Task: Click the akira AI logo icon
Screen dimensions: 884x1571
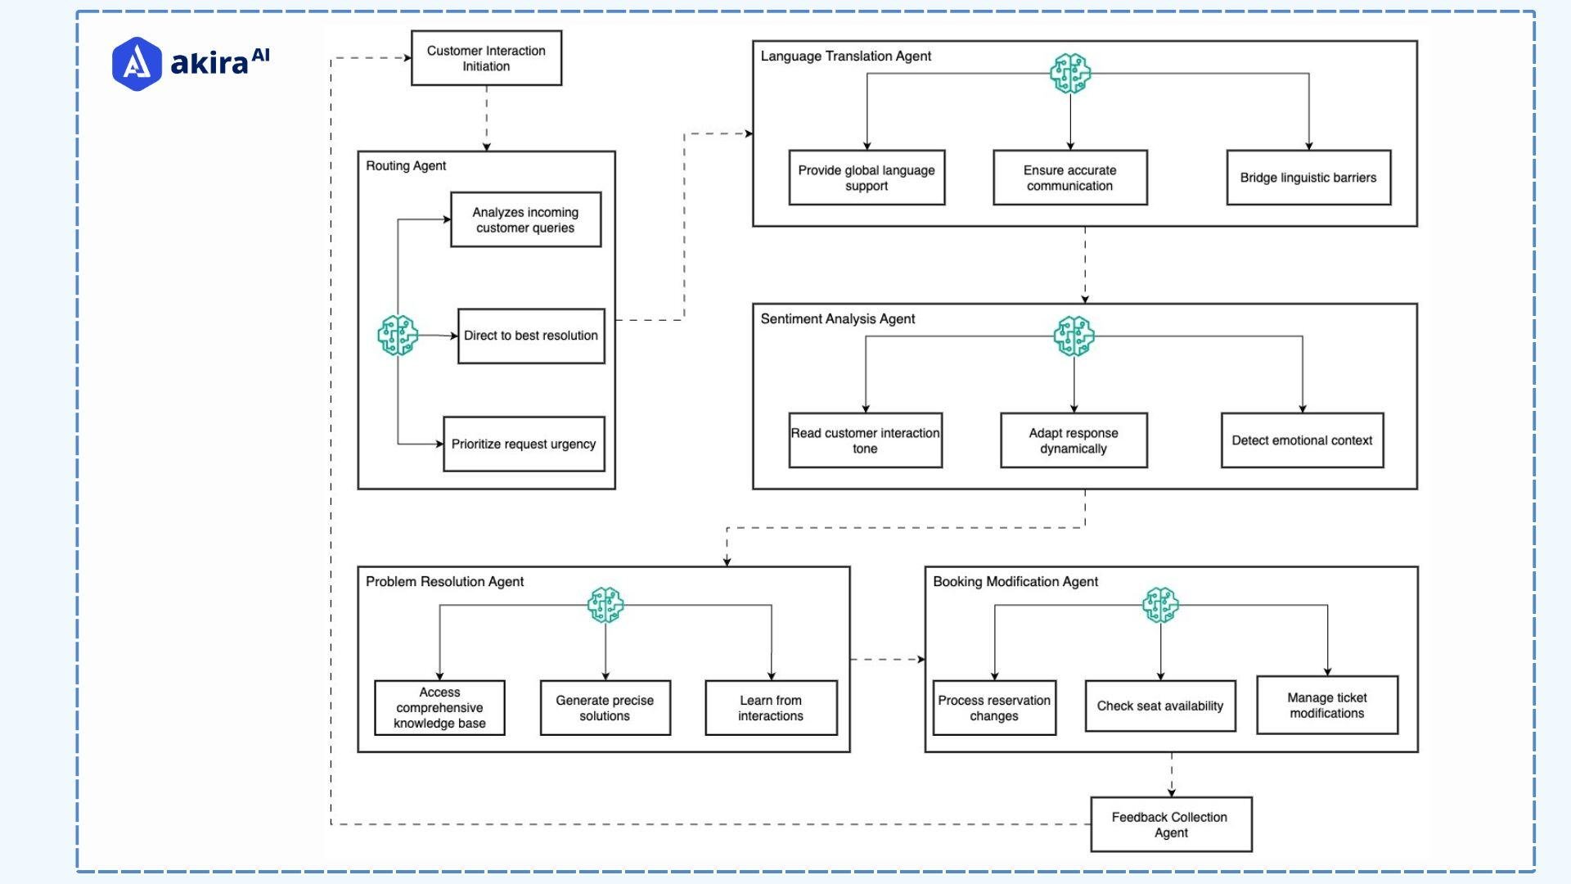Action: (x=137, y=63)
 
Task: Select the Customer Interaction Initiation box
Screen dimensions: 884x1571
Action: (x=486, y=58)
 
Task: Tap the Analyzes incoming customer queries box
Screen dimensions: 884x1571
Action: (x=525, y=219)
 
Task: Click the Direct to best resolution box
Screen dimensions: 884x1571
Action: (x=531, y=336)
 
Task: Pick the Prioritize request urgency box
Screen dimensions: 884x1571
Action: (x=524, y=444)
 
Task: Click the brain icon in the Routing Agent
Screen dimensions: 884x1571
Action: (x=398, y=336)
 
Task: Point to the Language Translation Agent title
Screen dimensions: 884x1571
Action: (x=845, y=56)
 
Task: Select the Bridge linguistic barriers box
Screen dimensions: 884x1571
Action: (x=1308, y=178)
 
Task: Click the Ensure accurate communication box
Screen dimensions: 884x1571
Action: (x=1069, y=178)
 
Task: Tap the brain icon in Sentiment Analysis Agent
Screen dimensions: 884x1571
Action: (x=1074, y=336)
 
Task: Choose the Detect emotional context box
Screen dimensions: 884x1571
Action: (x=1302, y=440)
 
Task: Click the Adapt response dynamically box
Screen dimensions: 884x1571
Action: (x=1074, y=440)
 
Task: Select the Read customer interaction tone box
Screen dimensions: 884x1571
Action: (x=865, y=440)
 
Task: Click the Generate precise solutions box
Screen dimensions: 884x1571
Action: (x=605, y=708)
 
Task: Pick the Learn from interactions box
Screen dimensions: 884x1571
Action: (x=771, y=708)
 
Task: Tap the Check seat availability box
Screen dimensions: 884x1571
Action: (x=1159, y=706)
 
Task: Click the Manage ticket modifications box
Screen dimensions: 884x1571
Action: (x=1326, y=705)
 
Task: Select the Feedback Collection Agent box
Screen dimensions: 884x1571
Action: (x=1170, y=824)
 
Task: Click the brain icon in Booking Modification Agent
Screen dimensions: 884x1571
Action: (x=1160, y=605)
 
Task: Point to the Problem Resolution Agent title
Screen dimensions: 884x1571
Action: (x=444, y=581)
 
